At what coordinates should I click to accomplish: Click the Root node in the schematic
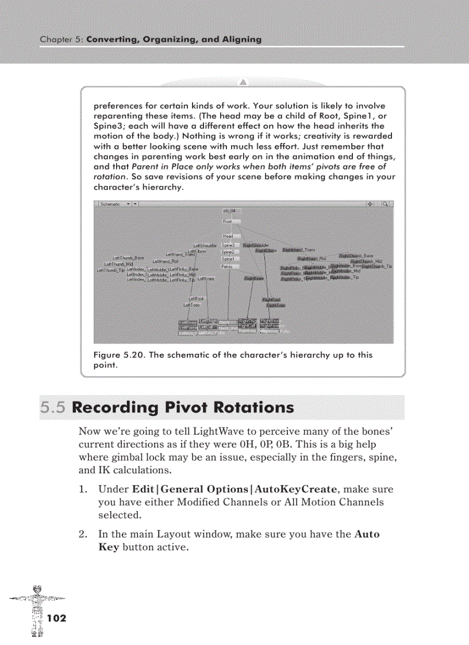click(228, 221)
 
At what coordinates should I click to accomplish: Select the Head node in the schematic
click(228, 236)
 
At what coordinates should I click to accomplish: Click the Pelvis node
click(228, 267)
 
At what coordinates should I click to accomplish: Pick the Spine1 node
click(228, 259)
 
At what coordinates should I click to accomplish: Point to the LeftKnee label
click(206, 279)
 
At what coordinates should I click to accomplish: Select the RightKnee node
click(253, 279)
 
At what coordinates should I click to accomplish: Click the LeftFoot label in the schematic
click(197, 299)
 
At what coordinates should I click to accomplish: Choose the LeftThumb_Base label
click(129, 258)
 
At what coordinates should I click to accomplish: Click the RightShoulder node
click(256, 245)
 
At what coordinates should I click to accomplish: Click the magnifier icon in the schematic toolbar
click(386, 203)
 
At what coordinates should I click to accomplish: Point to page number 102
click(57, 618)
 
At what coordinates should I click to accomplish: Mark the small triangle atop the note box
click(243, 80)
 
